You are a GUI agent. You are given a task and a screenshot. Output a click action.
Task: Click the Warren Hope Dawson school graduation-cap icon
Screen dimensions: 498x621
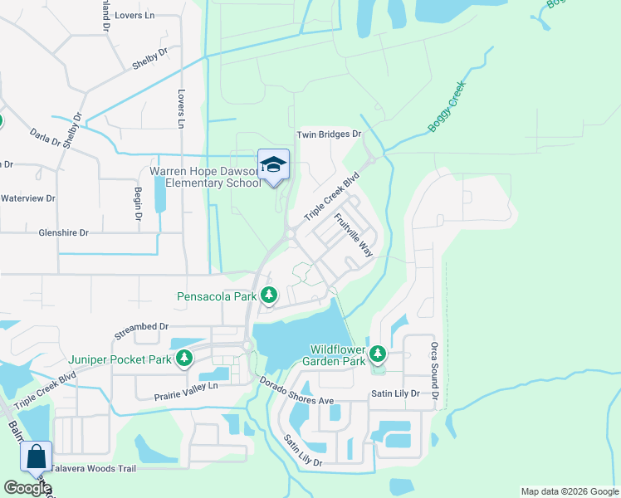click(273, 164)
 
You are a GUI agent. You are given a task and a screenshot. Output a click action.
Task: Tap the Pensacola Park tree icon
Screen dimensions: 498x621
click(268, 295)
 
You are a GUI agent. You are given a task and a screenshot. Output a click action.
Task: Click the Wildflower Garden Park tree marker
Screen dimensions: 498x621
click(378, 354)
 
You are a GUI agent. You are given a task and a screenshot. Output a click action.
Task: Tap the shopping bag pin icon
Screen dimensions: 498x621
click(37, 456)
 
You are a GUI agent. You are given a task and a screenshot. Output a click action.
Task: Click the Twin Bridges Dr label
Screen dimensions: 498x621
click(330, 134)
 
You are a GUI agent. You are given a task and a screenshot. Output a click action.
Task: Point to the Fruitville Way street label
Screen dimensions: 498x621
click(354, 236)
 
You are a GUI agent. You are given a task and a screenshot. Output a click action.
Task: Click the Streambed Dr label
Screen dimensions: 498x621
click(142, 328)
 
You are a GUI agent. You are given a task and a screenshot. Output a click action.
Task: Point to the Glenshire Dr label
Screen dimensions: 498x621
click(63, 233)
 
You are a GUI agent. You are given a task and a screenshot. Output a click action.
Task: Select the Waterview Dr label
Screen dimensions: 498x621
click(27, 198)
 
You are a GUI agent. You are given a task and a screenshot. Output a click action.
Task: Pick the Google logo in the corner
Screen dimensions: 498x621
click(27, 488)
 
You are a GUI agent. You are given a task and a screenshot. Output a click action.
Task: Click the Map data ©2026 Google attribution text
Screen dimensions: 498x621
click(569, 491)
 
